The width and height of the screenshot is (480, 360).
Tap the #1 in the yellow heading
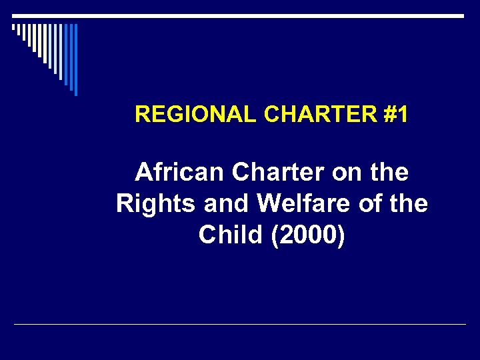pyautogui.click(x=397, y=115)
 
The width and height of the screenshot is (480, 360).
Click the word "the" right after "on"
pyautogui.click(x=390, y=173)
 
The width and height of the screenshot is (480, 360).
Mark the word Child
pyautogui.click(x=231, y=235)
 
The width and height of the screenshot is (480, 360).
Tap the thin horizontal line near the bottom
pyautogui.click(x=240, y=325)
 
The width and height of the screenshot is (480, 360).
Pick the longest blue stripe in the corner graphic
pyautogui.click(x=75, y=59)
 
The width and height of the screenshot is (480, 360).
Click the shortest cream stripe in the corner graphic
pyautogui.click(x=13, y=27)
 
